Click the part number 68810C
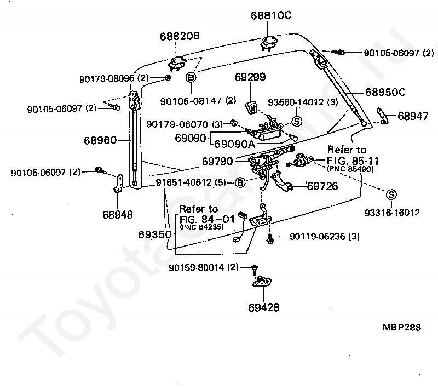(271, 15)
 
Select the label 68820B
(180, 37)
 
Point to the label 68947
(413, 116)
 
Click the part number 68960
(100, 141)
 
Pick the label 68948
(117, 214)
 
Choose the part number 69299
(251, 77)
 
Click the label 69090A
(235, 144)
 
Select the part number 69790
(217, 162)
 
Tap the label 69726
(322, 186)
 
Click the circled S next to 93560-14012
(296, 122)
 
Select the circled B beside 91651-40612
(240, 182)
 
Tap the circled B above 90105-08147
(190, 78)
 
